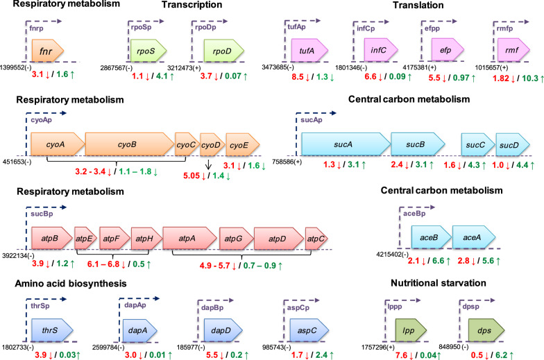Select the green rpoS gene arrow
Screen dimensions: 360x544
point(148,50)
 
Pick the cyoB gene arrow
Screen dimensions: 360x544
point(129,144)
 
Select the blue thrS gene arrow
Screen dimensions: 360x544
point(52,331)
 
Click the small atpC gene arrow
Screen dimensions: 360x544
point(316,239)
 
